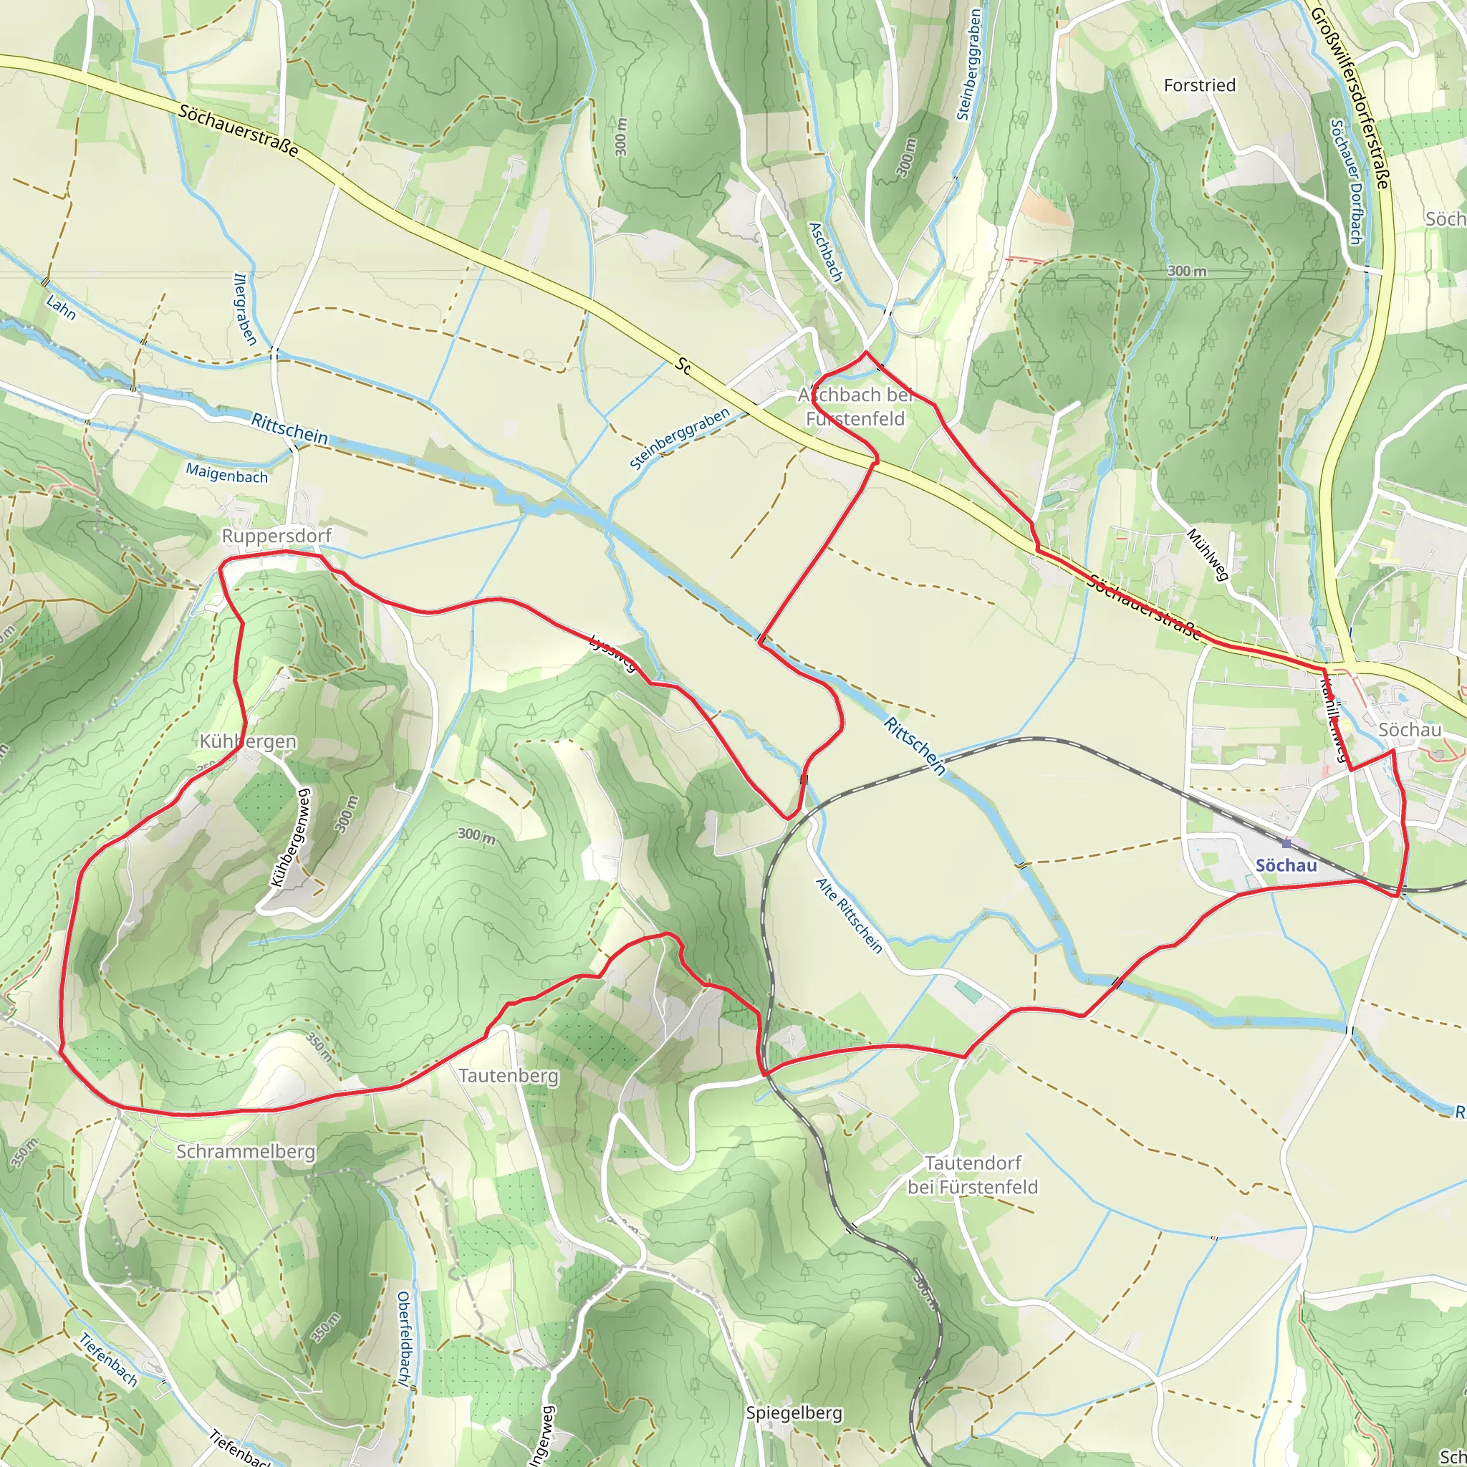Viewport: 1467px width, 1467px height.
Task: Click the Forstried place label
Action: click(x=1200, y=85)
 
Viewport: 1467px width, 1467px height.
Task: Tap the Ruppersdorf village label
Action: click(x=276, y=536)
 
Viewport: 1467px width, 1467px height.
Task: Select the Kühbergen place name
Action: click(x=249, y=741)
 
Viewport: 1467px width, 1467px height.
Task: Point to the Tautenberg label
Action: click(x=509, y=1076)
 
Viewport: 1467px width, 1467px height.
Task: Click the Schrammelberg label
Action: click(x=245, y=1151)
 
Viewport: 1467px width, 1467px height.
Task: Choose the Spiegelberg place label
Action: click(x=794, y=1413)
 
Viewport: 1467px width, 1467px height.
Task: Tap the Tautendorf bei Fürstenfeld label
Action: click(x=973, y=1175)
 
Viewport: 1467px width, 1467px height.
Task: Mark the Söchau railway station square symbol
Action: click(x=1286, y=844)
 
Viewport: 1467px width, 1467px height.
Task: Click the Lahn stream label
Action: click(x=61, y=307)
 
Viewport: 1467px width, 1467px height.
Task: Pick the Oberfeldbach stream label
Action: click(x=405, y=1338)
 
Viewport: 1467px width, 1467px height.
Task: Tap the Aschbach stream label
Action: click(x=826, y=252)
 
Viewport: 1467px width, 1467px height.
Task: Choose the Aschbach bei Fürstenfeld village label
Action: click(x=855, y=407)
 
